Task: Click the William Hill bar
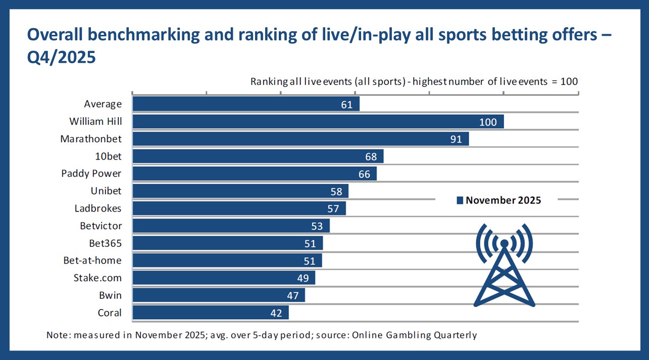click(x=318, y=121)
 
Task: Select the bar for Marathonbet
click(x=301, y=139)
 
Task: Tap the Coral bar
click(x=211, y=312)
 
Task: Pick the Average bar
click(x=246, y=104)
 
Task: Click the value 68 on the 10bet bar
click(x=371, y=157)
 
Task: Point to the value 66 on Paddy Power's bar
click(x=364, y=174)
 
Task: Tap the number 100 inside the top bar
click(x=488, y=122)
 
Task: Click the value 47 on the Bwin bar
click(x=292, y=295)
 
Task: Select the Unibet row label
click(x=106, y=191)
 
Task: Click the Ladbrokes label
click(x=98, y=208)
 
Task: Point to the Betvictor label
click(x=101, y=226)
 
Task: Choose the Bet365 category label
click(x=106, y=243)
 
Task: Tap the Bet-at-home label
click(x=92, y=261)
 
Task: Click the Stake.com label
click(x=97, y=278)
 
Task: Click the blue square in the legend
click(x=460, y=200)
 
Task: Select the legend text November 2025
click(x=503, y=200)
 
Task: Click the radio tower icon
click(x=505, y=265)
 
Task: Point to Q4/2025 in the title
click(x=61, y=57)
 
